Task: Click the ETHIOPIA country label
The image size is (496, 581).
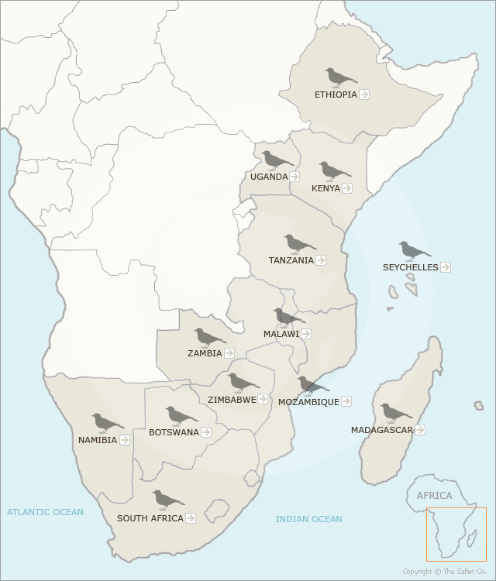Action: click(336, 95)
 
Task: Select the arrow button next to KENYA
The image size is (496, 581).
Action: click(347, 188)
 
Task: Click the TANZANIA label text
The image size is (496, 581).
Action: click(291, 260)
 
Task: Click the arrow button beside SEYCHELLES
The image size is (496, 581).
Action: click(446, 267)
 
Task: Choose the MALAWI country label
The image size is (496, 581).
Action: click(281, 334)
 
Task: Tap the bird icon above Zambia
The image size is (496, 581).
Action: click(209, 338)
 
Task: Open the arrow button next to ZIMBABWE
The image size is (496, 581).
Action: click(263, 400)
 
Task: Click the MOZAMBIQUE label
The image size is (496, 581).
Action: click(308, 402)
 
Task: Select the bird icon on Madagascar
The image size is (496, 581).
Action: click(395, 413)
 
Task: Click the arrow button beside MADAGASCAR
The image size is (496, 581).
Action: click(420, 430)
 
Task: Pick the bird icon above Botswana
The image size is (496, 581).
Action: click(181, 417)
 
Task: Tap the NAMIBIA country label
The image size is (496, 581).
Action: click(98, 440)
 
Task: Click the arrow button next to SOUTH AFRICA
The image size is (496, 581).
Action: click(191, 518)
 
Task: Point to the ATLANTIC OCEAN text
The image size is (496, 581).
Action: click(45, 512)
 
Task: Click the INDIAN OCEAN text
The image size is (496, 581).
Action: click(309, 519)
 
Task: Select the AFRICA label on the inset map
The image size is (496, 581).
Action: click(434, 496)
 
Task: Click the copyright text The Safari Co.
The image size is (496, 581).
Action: click(444, 572)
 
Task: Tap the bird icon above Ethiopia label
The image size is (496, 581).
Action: click(340, 77)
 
